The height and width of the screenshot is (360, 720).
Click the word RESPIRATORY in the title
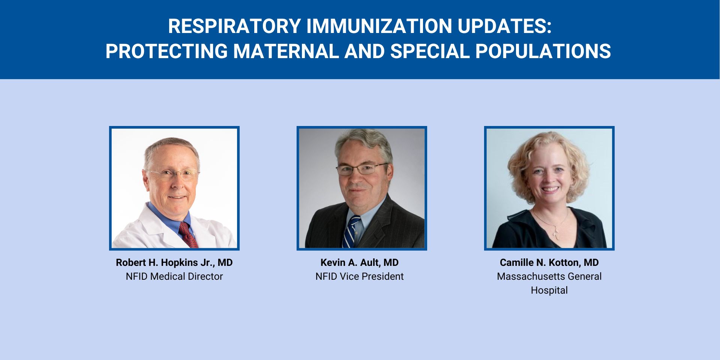pyautogui.click(x=234, y=26)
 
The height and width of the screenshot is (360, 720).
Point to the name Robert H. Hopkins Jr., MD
pyautogui.click(x=174, y=262)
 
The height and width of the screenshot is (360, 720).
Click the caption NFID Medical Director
pyautogui.click(x=174, y=276)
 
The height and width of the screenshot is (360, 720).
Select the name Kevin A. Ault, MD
pyautogui.click(x=359, y=262)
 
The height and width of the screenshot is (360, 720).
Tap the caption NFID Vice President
pyautogui.click(x=359, y=276)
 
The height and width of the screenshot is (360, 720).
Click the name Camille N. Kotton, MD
pyautogui.click(x=549, y=262)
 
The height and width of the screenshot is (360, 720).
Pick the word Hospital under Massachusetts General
pyautogui.click(x=549, y=290)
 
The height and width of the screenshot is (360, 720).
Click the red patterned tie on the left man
pyautogui.click(x=188, y=234)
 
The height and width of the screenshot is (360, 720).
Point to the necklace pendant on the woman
pyautogui.click(x=556, y=234)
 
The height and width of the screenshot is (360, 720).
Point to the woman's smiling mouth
pyautogui.click(x=550, y=189)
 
